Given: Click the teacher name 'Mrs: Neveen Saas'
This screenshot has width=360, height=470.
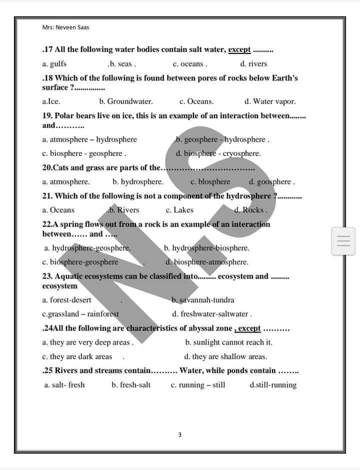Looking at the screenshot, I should (x=66, y=27).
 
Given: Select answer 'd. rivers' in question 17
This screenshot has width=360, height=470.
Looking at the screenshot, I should (x=253, y=64).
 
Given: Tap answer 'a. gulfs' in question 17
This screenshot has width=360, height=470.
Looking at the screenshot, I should (x=54, y=64).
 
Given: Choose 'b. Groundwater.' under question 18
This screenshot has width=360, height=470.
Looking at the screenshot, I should (x=126, y=101).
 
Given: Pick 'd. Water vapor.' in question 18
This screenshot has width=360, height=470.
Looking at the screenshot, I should (x=270, y=101).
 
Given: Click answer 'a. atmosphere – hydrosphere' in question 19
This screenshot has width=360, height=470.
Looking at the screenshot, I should (x=89, y=139).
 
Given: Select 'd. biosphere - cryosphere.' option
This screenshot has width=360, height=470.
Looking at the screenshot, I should (x=218, y=153).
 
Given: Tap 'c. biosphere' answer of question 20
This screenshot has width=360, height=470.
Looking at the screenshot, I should (x=210, y=182).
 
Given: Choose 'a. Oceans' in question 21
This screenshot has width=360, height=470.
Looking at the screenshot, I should (x=58, y=210).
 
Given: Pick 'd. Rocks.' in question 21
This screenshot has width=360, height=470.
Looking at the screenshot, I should (x=250, y=210).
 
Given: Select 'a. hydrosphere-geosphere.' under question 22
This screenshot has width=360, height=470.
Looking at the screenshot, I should (x=87, y=248).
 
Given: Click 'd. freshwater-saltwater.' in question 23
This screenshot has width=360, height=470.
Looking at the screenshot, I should (x=212, y=314).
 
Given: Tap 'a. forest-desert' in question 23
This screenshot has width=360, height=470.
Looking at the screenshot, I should (x=67, y=300).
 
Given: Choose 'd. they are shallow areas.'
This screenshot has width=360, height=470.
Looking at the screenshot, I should (x=225, y=357).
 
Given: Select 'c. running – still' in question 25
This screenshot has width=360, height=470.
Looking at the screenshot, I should (x=198, y=385).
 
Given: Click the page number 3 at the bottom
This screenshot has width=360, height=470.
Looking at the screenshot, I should (x=180, y=435).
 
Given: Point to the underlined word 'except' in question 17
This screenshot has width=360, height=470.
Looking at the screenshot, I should (x=239, y=49).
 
